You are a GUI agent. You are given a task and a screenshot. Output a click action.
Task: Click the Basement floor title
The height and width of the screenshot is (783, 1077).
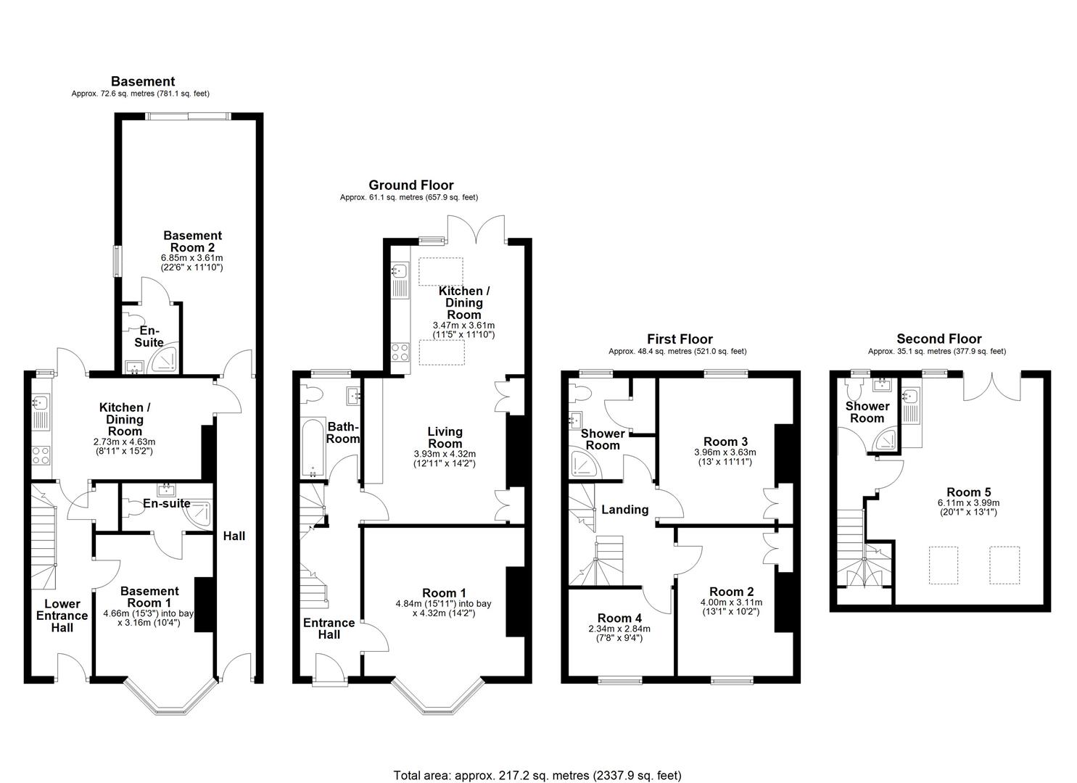tap(142, 81)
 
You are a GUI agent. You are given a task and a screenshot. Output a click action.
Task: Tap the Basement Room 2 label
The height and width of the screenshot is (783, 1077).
tap(192, 241)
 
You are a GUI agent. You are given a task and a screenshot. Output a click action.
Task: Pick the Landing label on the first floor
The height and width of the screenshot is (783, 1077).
tap(624, 510)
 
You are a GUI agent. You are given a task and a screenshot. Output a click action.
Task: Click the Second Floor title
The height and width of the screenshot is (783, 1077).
tap(938, 339)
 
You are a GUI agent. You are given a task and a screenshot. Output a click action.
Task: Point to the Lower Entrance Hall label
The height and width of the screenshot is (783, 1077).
tap(62, 616)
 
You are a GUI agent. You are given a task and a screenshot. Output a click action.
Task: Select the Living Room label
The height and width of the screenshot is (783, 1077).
tap(445, 437)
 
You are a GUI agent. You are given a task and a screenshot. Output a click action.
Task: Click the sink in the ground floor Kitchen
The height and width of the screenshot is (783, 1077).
tap(397, 272)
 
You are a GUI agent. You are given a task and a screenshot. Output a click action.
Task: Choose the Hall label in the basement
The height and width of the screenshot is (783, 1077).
tap(234, 536)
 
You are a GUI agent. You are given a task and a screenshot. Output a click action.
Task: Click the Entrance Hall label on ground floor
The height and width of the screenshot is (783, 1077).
tap(329, 629)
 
